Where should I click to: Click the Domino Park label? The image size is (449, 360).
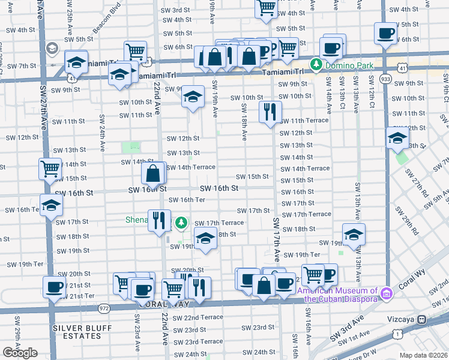pyautogui.click(x=349, y=64)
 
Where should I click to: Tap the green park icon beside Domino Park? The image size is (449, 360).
pyautogui.click(x=315, y=64)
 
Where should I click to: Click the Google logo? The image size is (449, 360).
pyautogui.click(x=20, y=353)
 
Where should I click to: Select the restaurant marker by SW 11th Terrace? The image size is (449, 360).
pyautogui.click(x=270, y=112)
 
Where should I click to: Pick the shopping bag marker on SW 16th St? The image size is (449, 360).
pyautogui.click(x=154, y=174)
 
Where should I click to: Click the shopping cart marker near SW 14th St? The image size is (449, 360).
pyautogui.click(x=50, y=169)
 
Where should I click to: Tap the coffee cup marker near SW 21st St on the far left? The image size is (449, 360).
pyautogui.click(x=54, y=287)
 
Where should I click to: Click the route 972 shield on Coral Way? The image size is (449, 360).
pyautogui.click(x=104, y=307)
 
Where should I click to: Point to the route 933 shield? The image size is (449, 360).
pyautogui.click(x=385, y=78)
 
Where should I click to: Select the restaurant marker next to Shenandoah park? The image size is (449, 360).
pyautogui.click(x=159, y=220)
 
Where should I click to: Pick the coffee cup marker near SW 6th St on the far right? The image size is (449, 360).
pyautogui.click(x=385, y=33)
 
